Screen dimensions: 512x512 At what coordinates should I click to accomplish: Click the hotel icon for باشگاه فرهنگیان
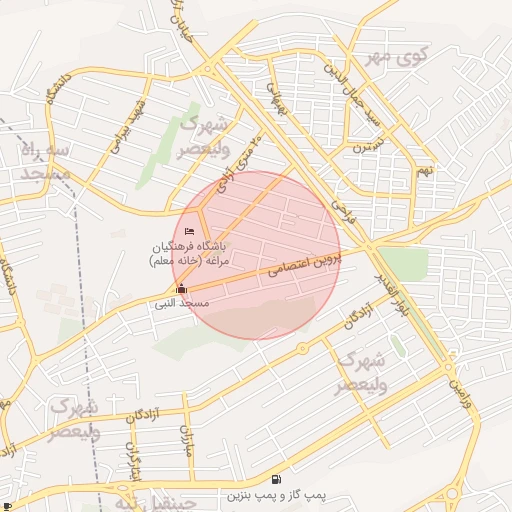[190, 233]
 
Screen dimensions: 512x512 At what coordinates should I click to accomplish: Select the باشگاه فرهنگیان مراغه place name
[190, 253]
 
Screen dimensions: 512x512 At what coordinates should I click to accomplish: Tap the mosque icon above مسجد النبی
[181, 289]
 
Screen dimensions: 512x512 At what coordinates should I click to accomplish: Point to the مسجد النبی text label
[182, 302]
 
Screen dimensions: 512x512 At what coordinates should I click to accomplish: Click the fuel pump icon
[276, 480]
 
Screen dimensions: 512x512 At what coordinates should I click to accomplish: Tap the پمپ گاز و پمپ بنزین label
[275, 495]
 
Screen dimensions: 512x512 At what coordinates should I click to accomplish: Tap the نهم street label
[426, 170]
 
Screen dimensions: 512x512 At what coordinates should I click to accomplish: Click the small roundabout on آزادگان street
[301, 348]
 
